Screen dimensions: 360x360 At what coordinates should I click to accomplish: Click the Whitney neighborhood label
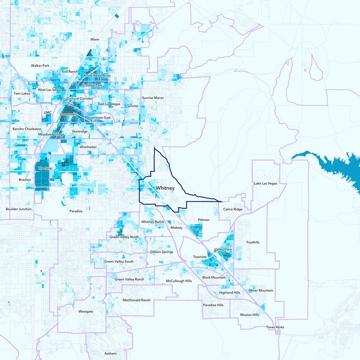click(x=165, y=188)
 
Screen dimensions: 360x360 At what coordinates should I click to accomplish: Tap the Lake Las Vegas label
click(x=265, y=184)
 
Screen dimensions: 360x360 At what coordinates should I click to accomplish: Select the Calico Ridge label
click(x=233, y=209)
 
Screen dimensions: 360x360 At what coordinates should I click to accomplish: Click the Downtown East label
click(x=99, y=117)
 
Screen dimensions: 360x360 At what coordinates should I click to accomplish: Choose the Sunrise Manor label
click(x=153, y=98)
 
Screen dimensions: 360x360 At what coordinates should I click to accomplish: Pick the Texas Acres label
click(x=275, y=327)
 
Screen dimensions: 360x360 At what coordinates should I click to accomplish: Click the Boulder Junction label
click(x=18, y=209)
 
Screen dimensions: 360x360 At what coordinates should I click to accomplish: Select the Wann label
click(x=95, y=40)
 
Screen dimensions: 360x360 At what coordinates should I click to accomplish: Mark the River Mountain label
click(x=262, y=291)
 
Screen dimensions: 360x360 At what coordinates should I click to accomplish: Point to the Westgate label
click(x=85, y=311)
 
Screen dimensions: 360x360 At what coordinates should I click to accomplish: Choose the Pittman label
click(x=203, y=220)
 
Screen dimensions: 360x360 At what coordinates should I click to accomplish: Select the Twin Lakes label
click(x=22, y=93)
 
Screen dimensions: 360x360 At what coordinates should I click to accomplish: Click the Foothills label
click(x=253, y=242)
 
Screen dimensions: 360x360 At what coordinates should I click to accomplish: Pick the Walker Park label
click(x=40, y=66)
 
